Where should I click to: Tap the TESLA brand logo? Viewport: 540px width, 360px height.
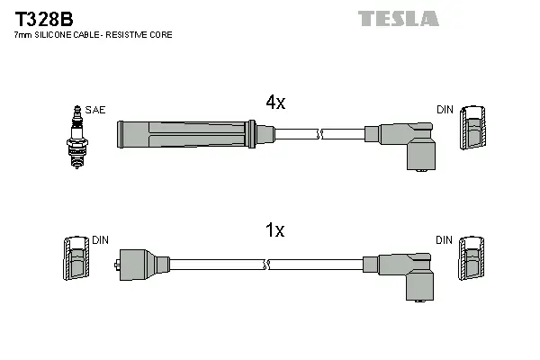[398, 18]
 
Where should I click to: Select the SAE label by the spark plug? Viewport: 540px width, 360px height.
[95, 110]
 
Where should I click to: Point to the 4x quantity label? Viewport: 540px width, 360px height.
[274, 103]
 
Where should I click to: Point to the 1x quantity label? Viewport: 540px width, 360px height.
[274, 231]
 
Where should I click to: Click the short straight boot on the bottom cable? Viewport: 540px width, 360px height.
[139, 264]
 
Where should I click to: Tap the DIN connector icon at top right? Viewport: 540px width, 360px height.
[473, 130]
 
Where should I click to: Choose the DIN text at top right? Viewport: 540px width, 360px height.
[445, 110]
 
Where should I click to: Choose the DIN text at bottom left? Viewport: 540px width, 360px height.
[100, 240]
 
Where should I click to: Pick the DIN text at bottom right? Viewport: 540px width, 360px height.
[445, 240]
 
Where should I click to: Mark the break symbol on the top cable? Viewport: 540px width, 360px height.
[318, 135]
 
